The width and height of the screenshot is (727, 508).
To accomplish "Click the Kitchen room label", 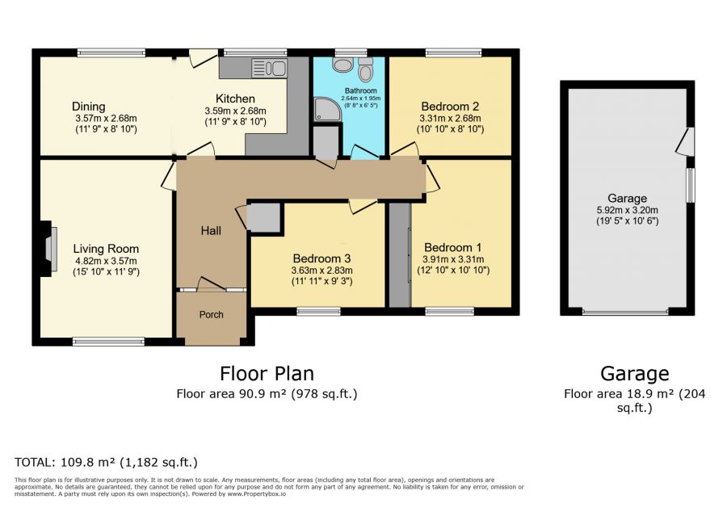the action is pyautogui.click(x=235, y=99).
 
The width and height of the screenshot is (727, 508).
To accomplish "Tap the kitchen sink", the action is pyautogui.click(x=269, y=68).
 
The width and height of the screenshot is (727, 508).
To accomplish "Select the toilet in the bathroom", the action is pyautogui.click(x=366, y=70).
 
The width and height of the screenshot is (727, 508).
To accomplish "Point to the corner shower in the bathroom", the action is pyautogui.click(x=328, y=109).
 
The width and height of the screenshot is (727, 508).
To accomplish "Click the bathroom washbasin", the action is pyautogui.click(x=342, y=65).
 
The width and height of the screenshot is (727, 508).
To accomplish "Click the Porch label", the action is pyautogui.click(x=212, y=315).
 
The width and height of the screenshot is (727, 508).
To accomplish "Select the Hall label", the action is pyautogui.click(x=211, y=231).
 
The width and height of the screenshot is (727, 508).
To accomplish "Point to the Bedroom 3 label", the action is pyautogui.click(x=321, y=258).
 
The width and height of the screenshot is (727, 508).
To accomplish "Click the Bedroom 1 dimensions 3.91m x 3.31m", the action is pyautogui.click(x=453, y=259).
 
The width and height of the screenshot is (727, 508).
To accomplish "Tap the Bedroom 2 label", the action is pyautogui.click(x=450, y=106).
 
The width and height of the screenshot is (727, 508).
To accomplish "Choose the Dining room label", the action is pyautogui.click(x=89, y=107).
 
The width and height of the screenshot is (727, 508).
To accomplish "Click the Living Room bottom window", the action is pyautogui.click(x=108, y=342).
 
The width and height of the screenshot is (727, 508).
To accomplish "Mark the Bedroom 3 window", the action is pyautogui.click(x=319, y=312).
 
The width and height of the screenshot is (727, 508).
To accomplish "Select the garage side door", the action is pyautogui.click(x=686, y=142).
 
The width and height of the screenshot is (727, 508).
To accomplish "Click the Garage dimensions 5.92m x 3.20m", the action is pyautogui.click(x=628, y=210).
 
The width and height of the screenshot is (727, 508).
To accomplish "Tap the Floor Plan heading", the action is pyautogui.click(x=267, y=374).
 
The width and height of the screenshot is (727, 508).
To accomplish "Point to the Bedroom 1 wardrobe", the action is pyautogui.click(x=400, y=255).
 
